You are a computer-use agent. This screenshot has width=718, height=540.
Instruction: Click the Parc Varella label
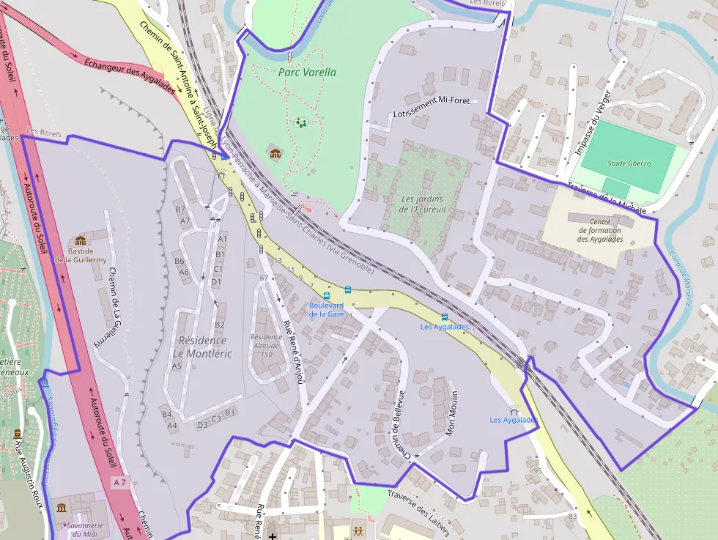(307, 73)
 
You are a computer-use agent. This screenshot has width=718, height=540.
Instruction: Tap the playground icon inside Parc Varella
(300, 123)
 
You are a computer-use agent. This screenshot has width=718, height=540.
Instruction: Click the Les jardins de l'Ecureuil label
(422, 204)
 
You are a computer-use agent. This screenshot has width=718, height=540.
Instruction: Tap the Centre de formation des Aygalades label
(599, 230)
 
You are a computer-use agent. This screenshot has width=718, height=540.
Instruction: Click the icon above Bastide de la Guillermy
(81, 240)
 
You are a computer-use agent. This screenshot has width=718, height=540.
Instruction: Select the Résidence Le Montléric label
(202, 347)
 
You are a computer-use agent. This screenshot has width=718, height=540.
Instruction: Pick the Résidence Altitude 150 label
(266, 346)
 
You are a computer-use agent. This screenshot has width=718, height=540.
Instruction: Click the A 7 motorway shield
(120, 482)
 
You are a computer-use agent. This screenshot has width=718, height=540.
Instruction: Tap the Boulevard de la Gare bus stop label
(326, 309)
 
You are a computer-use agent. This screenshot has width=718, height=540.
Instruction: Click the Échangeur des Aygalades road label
(130, 76)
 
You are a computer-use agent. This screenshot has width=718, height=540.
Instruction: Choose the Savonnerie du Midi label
(81, 530)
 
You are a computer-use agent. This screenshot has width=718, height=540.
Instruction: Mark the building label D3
(203, 425)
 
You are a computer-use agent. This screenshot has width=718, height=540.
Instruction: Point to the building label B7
(180, 210)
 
